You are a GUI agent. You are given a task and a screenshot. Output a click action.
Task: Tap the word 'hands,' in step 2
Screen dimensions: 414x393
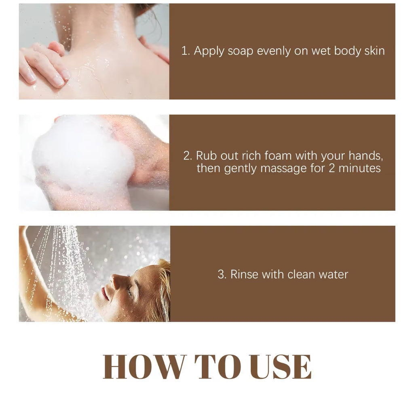pyautogui.click(x=365, y=156)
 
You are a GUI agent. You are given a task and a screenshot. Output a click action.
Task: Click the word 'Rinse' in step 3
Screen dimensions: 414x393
pyautogui.click(x=244, y=274)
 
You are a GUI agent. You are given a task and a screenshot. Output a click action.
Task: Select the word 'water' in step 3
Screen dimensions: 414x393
pyautogui.click(x=334, y=274)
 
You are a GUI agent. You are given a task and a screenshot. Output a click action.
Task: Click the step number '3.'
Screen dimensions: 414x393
pyautogui.click(x=222, y=274)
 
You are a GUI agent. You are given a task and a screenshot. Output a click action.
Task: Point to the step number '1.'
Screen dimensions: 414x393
pyautogui.click(x=186, y=51)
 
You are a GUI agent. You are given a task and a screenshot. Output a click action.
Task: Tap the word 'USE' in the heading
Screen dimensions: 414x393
pyautogui.click(x=281, y=367)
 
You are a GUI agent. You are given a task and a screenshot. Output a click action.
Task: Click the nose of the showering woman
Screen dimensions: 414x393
pyautogui.click(x=116, y=282)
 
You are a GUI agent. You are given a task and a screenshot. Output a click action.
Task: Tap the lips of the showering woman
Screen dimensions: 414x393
pyautogui.click(x=105, y=293)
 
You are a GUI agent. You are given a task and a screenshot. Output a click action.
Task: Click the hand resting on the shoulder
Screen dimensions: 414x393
pyautogui.click(x=44, y=65)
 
